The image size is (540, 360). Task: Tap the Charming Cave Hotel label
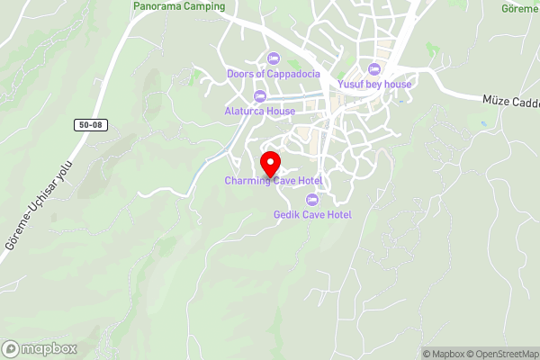pyautogui.click(x=274, y=181)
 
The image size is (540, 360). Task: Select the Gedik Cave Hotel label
pyautogui.click(x=312, y=214)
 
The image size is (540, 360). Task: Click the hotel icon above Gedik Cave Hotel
pyautogui.click(x=312, y=199)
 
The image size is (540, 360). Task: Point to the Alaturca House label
pyautogui.click(x=260, y=112)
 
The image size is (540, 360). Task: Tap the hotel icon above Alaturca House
pyautogui.click(x=260, y=96)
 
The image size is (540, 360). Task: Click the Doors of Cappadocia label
pyautogui.click(x=274, y=74)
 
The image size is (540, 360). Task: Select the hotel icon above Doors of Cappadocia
pyautogui.click(x=274, y=58)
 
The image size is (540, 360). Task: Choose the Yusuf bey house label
pyautogui.click(x=374, y=85)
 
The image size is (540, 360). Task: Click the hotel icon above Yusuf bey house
pyautogui.click(x=374, y=69)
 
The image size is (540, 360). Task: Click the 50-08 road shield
pyautogui.click(x=90, y=125)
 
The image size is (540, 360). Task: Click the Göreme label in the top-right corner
pyautogui.click(x=521, y=7)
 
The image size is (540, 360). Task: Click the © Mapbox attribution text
pyautogui.click(x=444, y=354)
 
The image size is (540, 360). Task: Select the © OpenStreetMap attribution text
pyautogui.click(x=504, y=354)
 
